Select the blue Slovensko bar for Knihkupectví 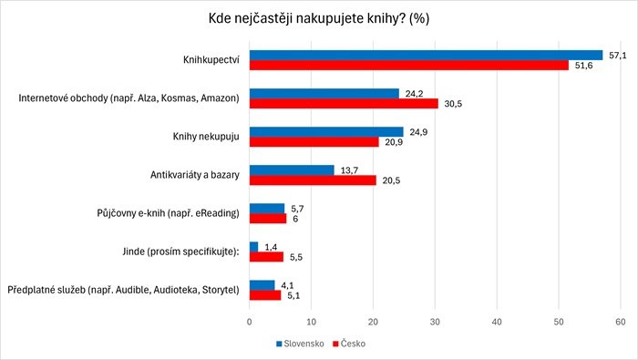[426, 55]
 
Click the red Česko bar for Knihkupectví [408, 66]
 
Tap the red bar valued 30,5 [344, 104]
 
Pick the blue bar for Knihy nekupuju [326, 131]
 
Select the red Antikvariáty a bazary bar [313, 180]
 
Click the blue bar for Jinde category [253, 246]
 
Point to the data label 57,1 [618, 55]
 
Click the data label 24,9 [418, 131]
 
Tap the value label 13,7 [349, 170]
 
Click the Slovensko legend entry [304, 344]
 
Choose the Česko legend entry [352, 344]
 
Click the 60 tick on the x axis [621, 322]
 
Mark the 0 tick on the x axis [250, 322]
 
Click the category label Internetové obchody [129, 98]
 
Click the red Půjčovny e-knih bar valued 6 [268, 219]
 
